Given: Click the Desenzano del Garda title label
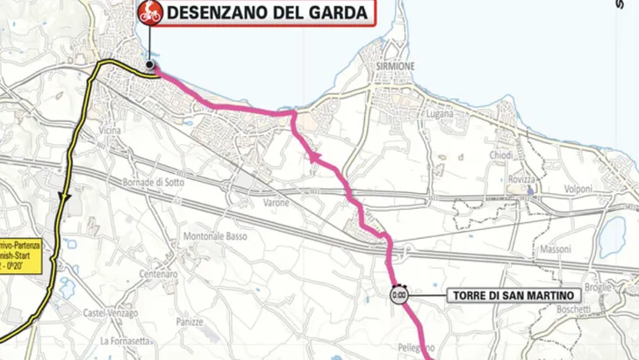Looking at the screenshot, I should coord(268,12).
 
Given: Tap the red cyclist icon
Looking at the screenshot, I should coord(148,12).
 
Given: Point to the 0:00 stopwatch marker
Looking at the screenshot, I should coord(398,295).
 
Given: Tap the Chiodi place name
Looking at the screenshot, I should coord(500,155).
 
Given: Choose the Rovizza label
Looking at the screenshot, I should coord(521,179).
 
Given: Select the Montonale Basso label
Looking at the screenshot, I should coord(219,236).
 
